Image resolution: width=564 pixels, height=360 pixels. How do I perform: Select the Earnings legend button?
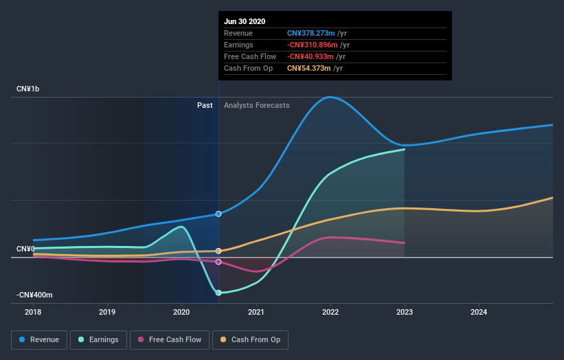[99, 339]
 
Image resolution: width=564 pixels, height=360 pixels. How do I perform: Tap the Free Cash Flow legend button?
[169, 339]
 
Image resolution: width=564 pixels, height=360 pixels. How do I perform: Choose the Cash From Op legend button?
[251, 339]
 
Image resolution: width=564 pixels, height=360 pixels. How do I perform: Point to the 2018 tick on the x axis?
[33, 311]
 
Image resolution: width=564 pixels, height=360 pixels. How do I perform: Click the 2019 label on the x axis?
[107, 311]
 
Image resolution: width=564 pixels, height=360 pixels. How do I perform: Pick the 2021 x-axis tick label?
[256, 311]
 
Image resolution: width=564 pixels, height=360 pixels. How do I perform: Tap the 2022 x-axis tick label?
[330, 311]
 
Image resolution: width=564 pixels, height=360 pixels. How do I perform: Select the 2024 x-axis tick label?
[479, 311]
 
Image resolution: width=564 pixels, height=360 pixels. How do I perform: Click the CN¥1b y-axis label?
[28, 89]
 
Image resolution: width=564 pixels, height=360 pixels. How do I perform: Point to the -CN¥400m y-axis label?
[34, 295]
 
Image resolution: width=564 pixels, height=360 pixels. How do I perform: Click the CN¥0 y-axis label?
[25, 249]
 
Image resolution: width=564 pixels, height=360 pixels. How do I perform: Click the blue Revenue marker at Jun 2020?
[218, 214]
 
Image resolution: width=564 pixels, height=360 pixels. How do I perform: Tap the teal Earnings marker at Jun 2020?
[218, 293]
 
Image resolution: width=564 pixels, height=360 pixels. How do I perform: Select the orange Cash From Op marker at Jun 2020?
[218, 251]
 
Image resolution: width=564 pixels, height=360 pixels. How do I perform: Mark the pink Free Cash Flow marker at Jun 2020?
[218, 262]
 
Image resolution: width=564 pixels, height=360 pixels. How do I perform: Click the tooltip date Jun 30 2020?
[243, 21]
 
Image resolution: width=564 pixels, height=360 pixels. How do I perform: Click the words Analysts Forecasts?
[257, 105]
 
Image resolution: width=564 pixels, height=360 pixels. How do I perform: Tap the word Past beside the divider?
[205, 105]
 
